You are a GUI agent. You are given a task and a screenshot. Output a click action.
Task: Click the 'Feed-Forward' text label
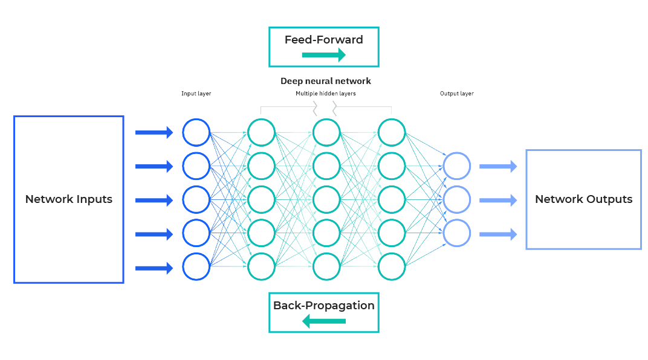(323, 40)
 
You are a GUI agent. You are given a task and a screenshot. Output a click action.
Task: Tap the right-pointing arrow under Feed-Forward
(323, 56)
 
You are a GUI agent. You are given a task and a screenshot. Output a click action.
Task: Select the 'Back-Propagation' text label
(323, 305)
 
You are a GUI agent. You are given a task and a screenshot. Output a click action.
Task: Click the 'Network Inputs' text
(68, 199)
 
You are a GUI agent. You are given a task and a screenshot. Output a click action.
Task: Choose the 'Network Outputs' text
(583, 199)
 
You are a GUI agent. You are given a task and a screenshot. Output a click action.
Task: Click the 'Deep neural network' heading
(325, 81)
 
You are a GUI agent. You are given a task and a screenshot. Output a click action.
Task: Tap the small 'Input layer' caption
(196, 94)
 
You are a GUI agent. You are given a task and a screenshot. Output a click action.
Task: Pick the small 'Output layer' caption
(456, 94)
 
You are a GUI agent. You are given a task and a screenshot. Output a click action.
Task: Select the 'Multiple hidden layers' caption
(326, 94)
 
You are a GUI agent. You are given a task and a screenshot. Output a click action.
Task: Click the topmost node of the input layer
(196, 133)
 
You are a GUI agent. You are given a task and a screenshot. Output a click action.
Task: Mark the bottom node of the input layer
(196, 266)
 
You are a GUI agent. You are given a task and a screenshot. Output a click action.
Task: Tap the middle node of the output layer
(456, 200)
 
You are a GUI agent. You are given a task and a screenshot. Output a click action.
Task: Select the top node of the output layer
(456, 167)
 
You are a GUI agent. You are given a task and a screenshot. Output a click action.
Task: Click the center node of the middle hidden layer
(326, 200)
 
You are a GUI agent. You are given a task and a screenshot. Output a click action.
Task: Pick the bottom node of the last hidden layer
(391, 266)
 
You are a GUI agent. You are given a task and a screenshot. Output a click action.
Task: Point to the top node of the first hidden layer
(261, 133)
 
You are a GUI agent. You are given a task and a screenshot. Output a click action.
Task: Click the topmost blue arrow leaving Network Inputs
(154, 133)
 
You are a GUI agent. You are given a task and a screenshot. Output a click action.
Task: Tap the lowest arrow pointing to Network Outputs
(498, 234)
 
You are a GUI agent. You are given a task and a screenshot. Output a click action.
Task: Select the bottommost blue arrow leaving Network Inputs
(154, 267)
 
